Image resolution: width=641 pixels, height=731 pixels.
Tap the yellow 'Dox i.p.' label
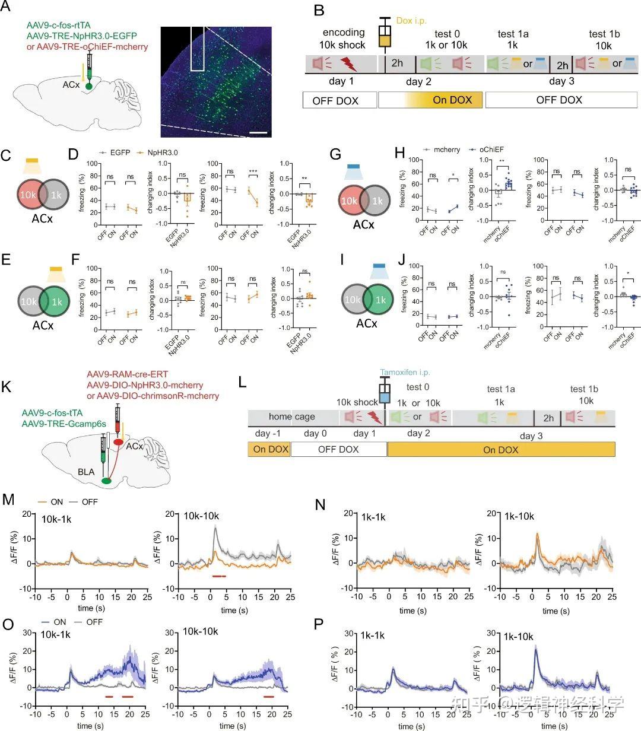[411, 21]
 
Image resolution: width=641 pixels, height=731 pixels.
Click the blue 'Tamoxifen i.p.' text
[405, 373]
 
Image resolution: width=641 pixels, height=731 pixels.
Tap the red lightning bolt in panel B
[348, 63]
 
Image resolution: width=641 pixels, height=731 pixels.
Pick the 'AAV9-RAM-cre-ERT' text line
[127, 374]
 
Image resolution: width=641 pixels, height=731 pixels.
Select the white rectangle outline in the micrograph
[197, 49]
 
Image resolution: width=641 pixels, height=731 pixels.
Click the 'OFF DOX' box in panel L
[338, 449]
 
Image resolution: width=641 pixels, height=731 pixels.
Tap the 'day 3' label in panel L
[531, 436]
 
